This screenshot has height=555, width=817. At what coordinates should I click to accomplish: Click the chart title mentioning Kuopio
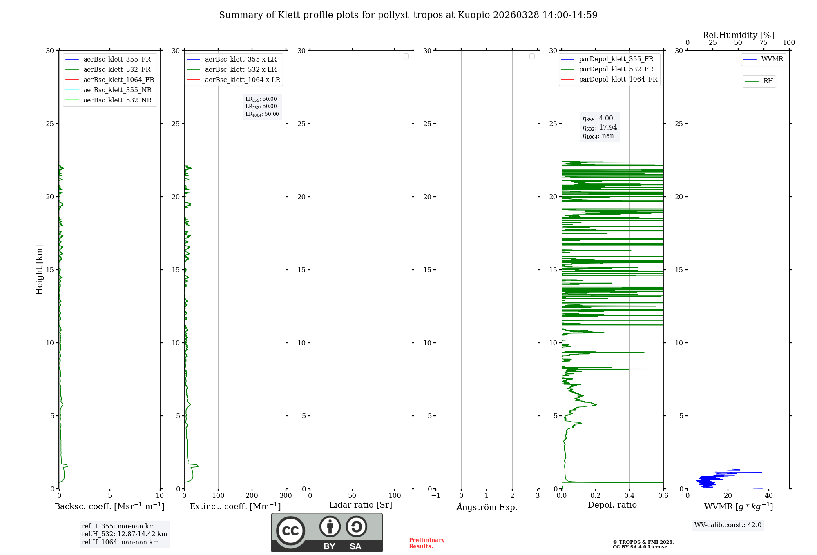(x=408, y=15)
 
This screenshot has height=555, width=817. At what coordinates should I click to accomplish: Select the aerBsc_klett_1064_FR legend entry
(x=118, y=80)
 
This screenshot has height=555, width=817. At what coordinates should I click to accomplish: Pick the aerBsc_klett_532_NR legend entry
(x=117, y=100)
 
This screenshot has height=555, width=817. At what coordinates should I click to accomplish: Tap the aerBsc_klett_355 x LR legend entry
(x=240, y=60)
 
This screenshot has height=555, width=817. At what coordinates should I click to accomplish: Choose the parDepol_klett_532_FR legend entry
(x=616, y=69)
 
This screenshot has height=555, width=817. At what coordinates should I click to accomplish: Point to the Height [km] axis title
(x=39, y=270)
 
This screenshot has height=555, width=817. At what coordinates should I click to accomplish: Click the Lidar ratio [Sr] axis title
(x=361, y=505)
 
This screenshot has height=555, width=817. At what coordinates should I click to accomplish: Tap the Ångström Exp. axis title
(x=487, y=507)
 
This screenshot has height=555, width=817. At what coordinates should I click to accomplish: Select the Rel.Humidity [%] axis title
(x=738, y=35)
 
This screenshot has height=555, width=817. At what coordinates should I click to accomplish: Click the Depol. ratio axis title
(x=612, y=505)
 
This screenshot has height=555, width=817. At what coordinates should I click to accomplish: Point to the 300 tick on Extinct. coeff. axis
(x=286, y=496)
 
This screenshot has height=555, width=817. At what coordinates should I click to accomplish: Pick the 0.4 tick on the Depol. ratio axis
(x=629, y=496)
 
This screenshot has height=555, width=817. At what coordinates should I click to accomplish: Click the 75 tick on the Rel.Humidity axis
(x=763, y=43)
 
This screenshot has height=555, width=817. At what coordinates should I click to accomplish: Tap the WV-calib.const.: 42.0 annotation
(x=728, y=525)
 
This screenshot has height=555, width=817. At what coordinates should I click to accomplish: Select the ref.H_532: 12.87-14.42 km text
(x=124, y=534)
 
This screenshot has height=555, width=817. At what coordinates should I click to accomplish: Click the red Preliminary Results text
(x=426, y=543)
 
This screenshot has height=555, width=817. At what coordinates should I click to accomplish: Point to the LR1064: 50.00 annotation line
(x=262, y=114)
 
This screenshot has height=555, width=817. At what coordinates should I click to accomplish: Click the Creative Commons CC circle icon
(x=290, y=531)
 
